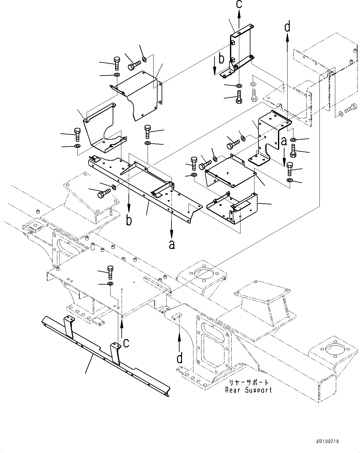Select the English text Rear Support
[249, 390]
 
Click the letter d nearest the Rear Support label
[180, 358]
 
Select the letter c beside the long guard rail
[126, 343]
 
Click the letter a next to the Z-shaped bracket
[284, 142]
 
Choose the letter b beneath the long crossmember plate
[129, 220]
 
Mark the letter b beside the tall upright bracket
[221, 58]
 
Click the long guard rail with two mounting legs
[105, 353]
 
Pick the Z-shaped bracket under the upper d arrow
[269, 136]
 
